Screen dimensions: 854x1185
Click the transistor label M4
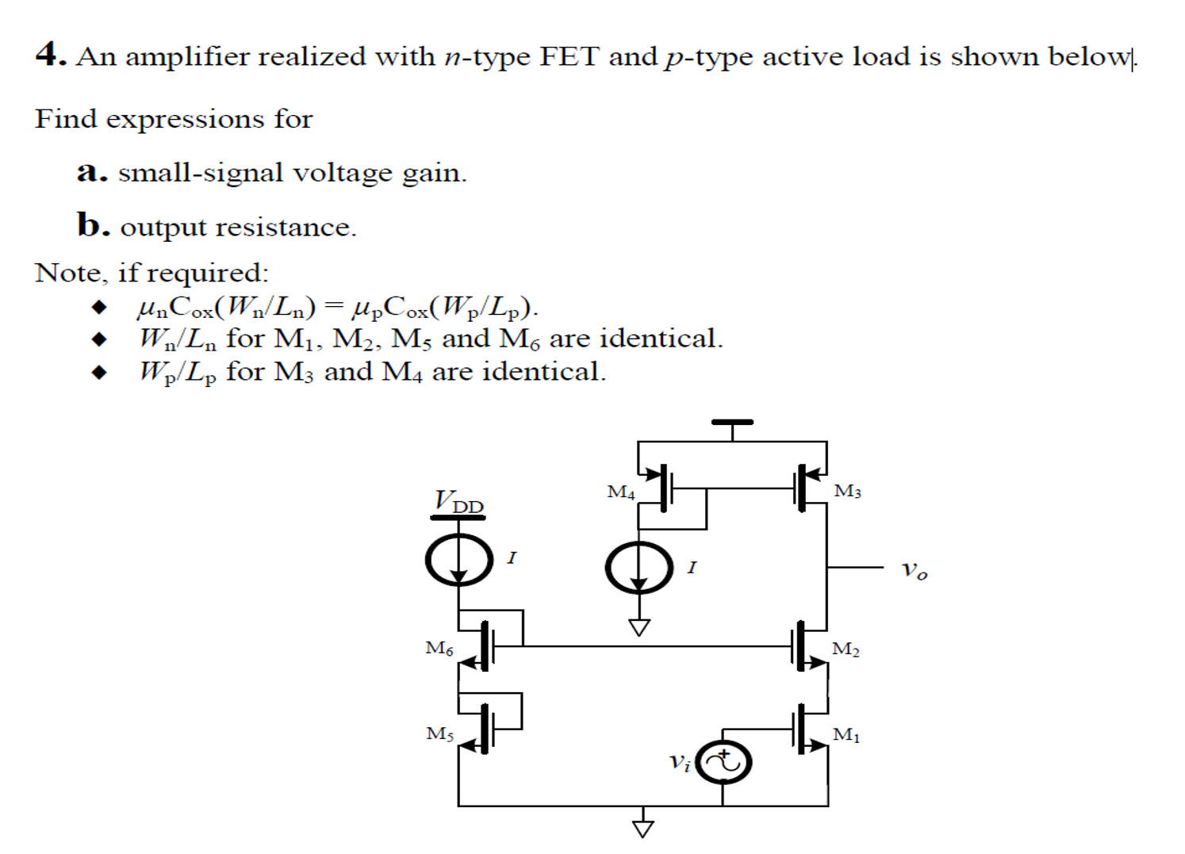point(621,492)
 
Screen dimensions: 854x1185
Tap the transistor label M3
point(847,492)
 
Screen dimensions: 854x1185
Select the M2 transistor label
point(846,649)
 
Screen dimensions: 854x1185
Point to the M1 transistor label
point(846,735)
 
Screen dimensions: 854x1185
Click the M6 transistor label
point(439,649)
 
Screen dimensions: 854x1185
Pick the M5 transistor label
point(439,733)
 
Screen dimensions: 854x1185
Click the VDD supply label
point(458,502)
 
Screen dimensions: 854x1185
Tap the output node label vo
point(915,570)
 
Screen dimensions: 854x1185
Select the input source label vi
point(680,762)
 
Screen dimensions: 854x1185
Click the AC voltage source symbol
point(723,762)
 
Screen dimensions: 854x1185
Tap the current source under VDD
point(458,560)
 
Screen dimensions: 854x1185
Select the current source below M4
point(639,568)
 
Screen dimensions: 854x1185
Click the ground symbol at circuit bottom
point(643,828)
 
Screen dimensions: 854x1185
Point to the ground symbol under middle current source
point(639,627)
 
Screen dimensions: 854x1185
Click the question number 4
point(50,56)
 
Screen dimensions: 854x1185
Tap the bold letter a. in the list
point(92,172)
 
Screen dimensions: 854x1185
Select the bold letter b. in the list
point(93,225)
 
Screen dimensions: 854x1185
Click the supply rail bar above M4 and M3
point(732,423)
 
